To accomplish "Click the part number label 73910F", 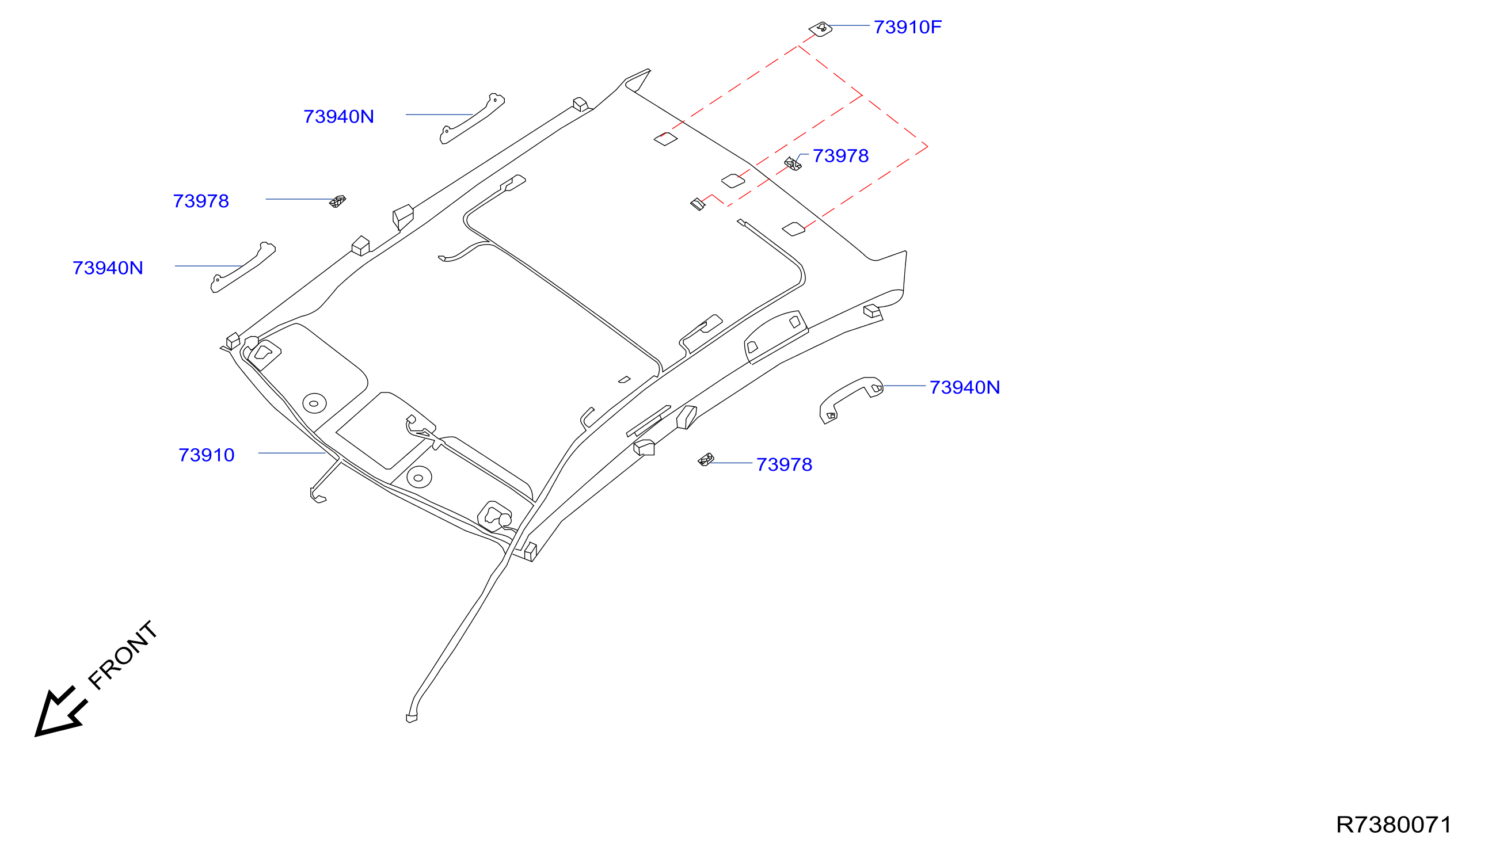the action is [907, 27].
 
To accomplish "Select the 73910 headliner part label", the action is [207, 455].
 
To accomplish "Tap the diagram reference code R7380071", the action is [1394, 825].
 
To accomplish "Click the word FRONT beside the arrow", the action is [123, 654].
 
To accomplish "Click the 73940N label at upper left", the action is [338, 117].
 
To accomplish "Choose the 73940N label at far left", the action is [107, 268].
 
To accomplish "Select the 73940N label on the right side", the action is [964, 388].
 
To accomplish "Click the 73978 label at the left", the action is [201, 201].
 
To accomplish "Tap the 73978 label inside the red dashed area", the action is [840, 156].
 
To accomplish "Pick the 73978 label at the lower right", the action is [784, 464].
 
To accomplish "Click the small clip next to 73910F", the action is [821, 29].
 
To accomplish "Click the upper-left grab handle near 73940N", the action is [472, 119].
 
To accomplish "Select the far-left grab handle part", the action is [243, 268].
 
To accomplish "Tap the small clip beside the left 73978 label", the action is [338, 201].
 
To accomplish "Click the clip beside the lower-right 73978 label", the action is [706, 460].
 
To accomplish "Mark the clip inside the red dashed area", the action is [793, 163].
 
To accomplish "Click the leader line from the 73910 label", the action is [291, 453].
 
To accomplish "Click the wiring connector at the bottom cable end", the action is [412, 718].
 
